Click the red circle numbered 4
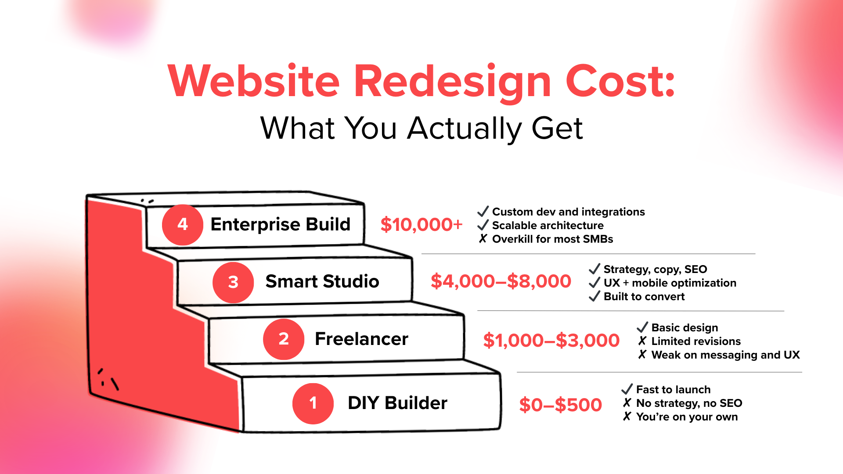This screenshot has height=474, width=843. point(182,225)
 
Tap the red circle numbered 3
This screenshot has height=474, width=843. point(233,282)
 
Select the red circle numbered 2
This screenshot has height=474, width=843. point(284,339)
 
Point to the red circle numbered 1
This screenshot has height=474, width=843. point(313,403)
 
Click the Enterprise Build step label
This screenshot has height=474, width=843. point(280,224)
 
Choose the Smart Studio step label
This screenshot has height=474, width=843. point(322,281)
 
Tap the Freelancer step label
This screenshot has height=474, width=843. point(361,339)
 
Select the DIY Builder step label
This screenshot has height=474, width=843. point(397,403)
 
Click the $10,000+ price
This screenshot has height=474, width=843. point(421,225)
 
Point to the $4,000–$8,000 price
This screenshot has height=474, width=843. point(501,281)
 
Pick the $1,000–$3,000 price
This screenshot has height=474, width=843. point(551,341)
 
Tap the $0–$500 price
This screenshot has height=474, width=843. point(561,405)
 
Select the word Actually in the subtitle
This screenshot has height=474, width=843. point(465,129)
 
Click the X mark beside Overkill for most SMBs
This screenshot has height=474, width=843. point(483,239)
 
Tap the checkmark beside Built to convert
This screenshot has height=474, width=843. point(594,296)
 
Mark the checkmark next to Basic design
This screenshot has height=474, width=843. point(642,327)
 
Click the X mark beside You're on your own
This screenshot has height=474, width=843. point(627,416)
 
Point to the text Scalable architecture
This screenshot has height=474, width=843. point(548,226)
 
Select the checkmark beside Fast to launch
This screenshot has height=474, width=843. point(627,389)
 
